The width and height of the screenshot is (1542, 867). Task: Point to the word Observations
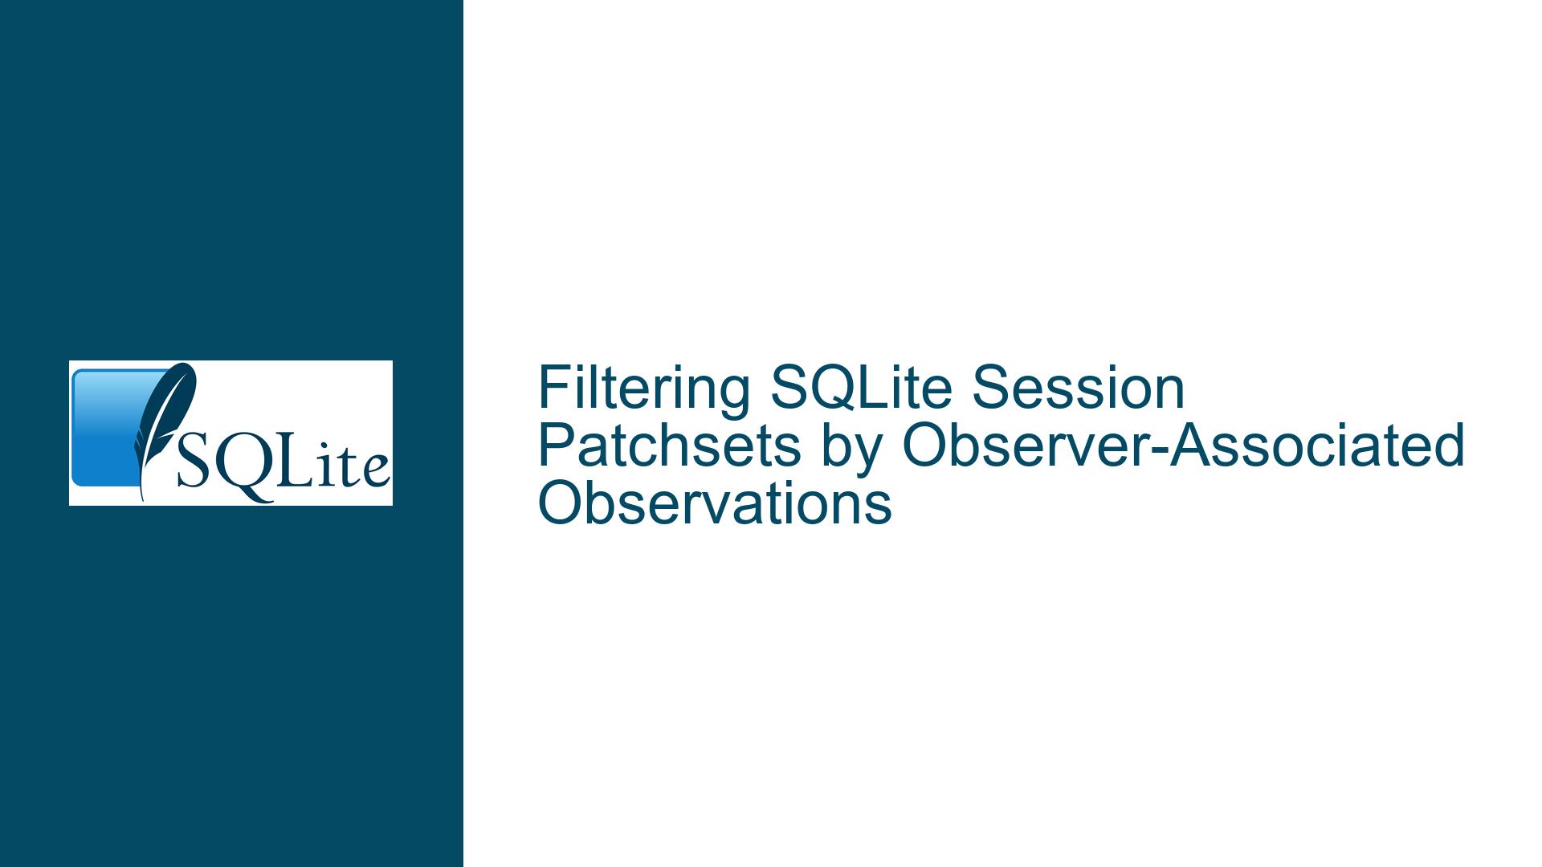[715, 504]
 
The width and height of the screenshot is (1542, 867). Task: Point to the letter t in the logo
[350, 466]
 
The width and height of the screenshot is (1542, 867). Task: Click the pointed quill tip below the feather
[142, 499]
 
